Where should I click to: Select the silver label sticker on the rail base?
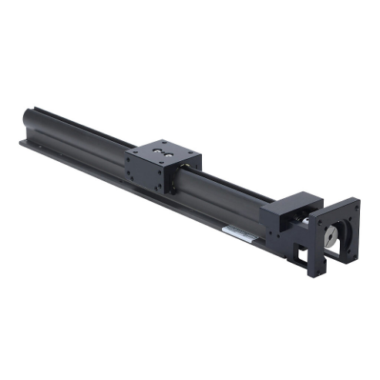(x=237, y=232)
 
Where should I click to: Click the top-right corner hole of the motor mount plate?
(x=355, y=203)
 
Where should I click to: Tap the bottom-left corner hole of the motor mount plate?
(x=314, y=271)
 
